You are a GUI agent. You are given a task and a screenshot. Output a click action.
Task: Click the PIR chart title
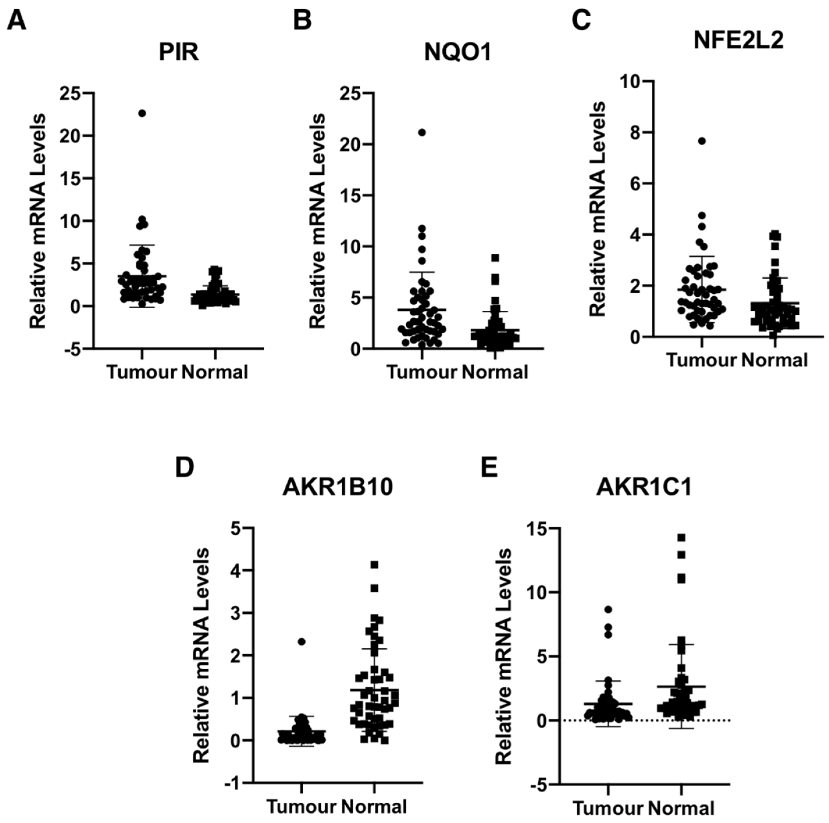tap(179, 53)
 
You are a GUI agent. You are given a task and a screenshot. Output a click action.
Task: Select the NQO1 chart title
tap(457, 53)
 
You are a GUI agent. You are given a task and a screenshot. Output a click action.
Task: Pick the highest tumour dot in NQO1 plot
tap(422, 132)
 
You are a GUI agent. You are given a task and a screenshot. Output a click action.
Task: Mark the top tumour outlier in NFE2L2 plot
tap(702, 141)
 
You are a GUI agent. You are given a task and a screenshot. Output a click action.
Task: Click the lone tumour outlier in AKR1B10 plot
tap(302, 642)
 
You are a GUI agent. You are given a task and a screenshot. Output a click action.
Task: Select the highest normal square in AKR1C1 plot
tap(681, 537)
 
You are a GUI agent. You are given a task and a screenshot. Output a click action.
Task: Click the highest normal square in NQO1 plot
tap(495, 258)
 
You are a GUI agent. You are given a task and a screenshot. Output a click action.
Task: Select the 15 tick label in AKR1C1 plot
tap(538, 529)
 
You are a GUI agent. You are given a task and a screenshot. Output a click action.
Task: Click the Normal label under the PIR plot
tap(215, 372)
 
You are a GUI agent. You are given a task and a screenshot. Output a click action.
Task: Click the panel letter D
tap(185, 468)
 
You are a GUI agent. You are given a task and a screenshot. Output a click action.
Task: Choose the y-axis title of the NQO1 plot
tap(318, 221)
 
